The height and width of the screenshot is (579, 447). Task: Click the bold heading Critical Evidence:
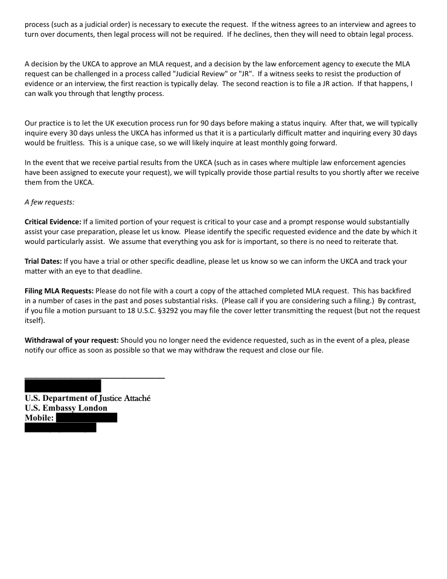click(x=53, y=222)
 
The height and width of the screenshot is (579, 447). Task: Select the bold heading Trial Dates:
click(x=43, y=261)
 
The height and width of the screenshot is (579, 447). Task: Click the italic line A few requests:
click(x=49, y=202)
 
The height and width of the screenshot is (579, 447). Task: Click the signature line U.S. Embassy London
click(x=66, y=408)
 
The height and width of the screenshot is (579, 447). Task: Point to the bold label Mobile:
click(x=39, y=418)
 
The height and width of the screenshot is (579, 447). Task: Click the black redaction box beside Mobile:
click(x=87, y=418)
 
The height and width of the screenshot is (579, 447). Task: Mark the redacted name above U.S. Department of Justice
click(x=63, y=385)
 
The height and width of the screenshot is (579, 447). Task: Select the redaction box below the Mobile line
click(x=60, y=428)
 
